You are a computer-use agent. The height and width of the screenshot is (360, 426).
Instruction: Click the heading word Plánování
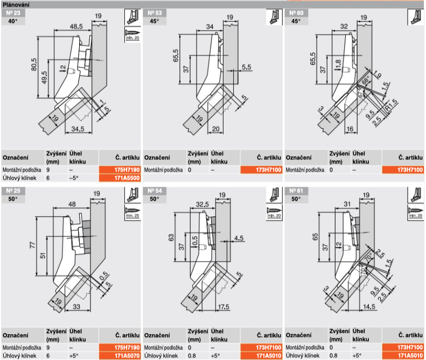16,4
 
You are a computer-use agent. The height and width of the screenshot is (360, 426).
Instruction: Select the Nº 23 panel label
12,12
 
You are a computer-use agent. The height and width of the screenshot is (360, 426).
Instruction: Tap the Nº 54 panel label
153,191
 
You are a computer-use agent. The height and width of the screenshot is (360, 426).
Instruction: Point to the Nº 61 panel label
295,191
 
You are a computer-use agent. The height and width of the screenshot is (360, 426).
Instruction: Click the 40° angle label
12,21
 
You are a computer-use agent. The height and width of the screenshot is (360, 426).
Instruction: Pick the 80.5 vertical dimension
33,65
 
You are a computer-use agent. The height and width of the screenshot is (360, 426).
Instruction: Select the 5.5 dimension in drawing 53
247,67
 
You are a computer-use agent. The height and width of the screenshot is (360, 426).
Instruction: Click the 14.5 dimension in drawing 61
368,307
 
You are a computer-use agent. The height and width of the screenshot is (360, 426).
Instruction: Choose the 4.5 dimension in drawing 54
239,237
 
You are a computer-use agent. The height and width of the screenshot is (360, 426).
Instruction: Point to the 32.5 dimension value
202,205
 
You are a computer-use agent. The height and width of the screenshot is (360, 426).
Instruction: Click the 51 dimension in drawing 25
44,257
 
